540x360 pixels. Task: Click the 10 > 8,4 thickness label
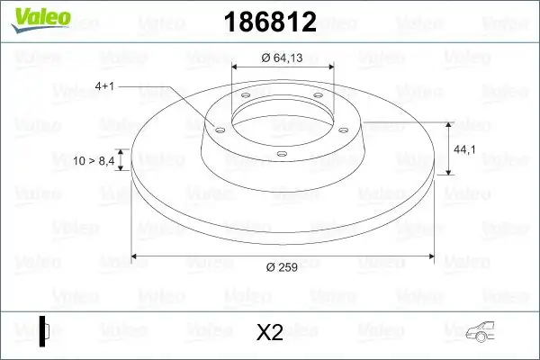click(x=94, y=161)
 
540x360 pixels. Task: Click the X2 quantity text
click(x=270, y=333)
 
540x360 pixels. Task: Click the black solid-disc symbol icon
click(x=44, y=330)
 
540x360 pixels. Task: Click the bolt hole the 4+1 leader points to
click(x=217, y=127)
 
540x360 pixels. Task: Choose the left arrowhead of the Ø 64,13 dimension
click(x=237, y=67)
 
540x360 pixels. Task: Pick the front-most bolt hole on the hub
click(x=281, y=154)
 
